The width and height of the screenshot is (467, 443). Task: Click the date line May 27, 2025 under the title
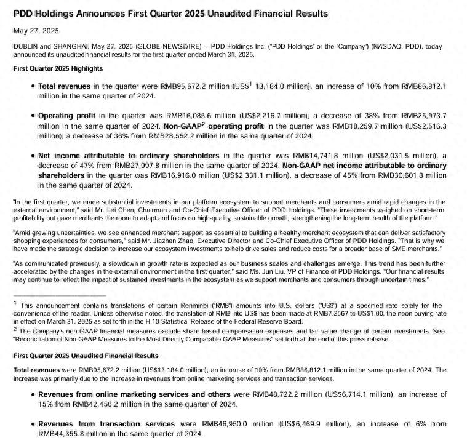pyautogui.click(x=36, y=30)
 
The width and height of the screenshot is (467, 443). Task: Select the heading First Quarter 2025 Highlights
pyautogui.click(x=58, y=68)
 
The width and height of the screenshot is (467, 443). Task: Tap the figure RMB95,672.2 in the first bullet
pyautogui.click(x=182, y=87)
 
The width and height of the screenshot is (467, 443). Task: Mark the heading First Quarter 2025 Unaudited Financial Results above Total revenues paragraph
pyautogui.click(x=86, y=356)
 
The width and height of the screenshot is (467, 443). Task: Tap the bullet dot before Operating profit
pyautogui.click(x=32, y=116)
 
